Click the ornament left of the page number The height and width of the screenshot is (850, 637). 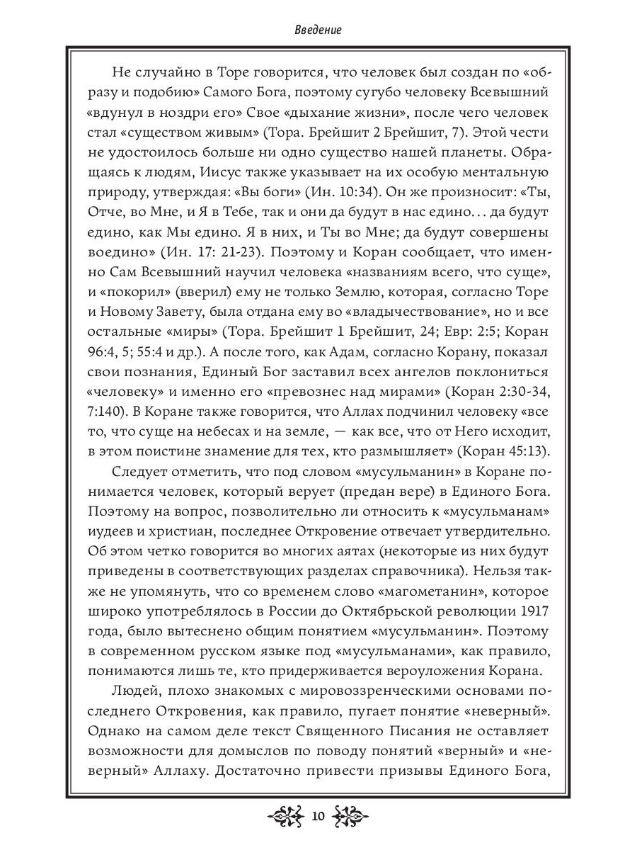tap(286, 816)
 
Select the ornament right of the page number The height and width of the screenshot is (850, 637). tap(350, 816)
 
